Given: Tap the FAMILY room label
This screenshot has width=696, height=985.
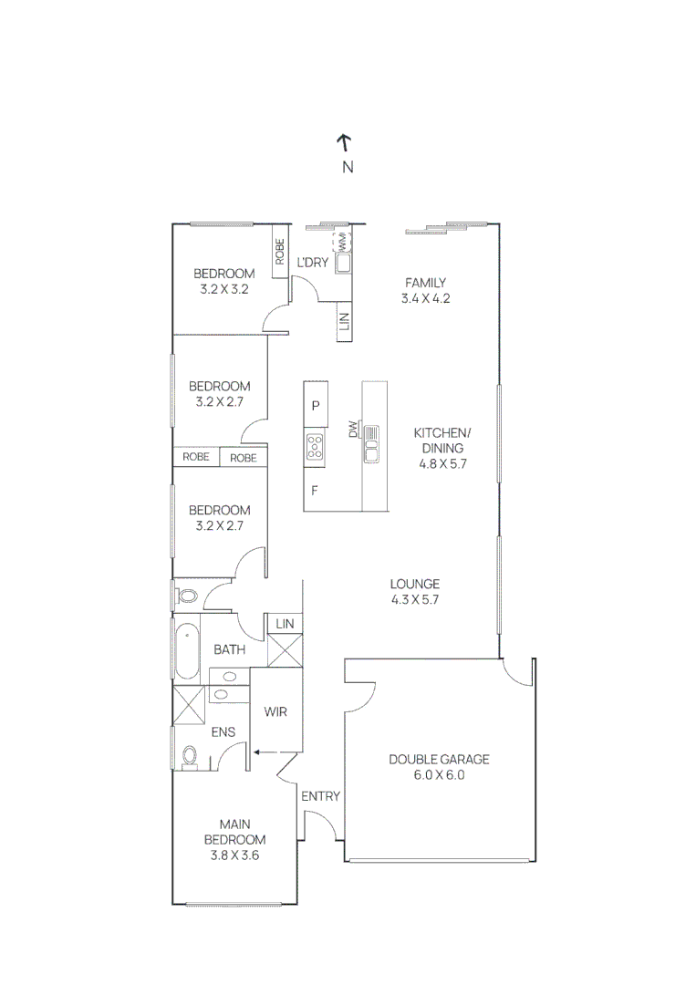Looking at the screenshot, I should [425, 283].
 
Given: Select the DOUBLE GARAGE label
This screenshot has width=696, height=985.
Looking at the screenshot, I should [439, 759].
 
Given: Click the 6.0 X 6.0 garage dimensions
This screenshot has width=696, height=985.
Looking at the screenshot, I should [439, 775].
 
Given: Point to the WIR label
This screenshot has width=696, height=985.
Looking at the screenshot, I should [275, 711].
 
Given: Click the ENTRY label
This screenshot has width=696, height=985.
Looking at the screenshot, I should [320, 796].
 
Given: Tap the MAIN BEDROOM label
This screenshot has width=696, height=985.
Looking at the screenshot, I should [234, 832].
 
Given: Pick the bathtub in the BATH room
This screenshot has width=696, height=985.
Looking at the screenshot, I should [187, 649].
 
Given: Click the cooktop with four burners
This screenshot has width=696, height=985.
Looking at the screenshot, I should [316, 446].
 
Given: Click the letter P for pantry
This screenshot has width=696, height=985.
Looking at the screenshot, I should [316, 405].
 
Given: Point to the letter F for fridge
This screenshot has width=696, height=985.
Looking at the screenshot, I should [315, 490].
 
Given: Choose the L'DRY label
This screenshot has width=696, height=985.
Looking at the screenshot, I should [313, 264].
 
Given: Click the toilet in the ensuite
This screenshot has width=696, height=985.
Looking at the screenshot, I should [190, 757].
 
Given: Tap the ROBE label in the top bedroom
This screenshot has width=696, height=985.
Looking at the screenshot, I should [280, 251].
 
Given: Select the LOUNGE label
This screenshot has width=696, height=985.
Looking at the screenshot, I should [415, 584].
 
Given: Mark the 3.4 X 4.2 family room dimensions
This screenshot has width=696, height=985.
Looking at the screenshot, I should [425, 298].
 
